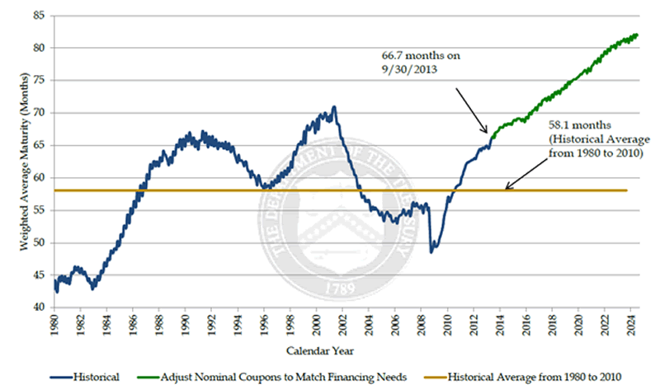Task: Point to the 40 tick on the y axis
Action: (38, 307)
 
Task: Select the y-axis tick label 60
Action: (38, 177)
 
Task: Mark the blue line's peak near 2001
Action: (334, 106)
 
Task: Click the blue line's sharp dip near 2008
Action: (431, 251)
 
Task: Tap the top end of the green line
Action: (637, 34)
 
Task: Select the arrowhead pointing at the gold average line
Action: (508, 189)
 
